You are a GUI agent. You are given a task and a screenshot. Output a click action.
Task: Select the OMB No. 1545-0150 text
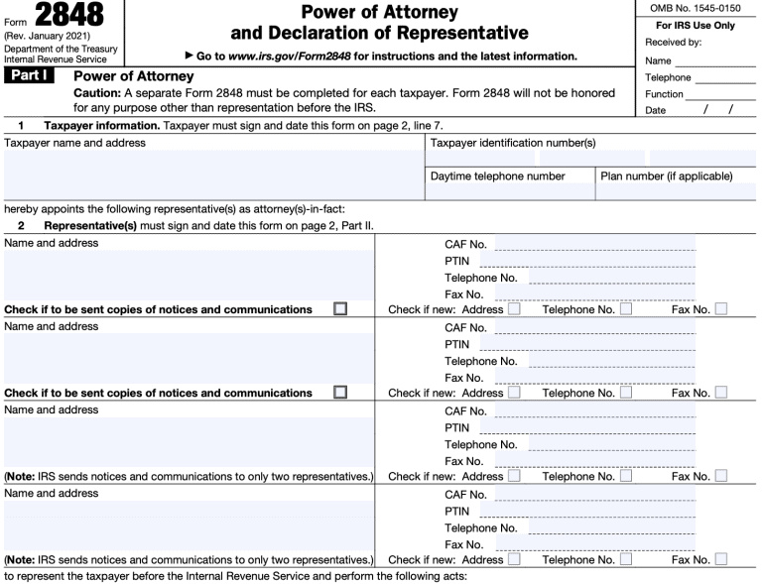694,9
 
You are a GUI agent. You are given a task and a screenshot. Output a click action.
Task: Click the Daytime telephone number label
497,176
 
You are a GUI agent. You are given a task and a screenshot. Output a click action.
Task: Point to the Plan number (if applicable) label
667,176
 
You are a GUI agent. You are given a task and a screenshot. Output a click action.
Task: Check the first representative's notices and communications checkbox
340,309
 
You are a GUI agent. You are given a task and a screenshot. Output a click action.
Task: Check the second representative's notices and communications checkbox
340,393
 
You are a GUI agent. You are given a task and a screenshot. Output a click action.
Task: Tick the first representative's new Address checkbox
514,309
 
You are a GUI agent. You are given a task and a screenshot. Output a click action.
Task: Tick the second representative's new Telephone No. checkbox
626,393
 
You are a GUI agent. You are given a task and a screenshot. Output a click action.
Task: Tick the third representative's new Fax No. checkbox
720,476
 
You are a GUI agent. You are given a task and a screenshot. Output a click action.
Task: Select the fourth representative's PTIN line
586,511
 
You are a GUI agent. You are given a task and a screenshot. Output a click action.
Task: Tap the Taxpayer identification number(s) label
512,143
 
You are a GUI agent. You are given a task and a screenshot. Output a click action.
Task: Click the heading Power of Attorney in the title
379,13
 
